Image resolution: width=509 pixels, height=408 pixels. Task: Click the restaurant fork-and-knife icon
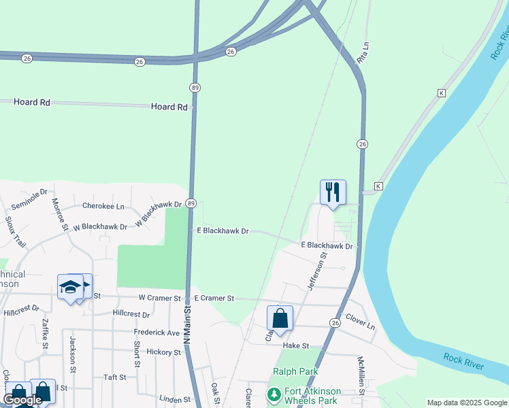click(333, 192)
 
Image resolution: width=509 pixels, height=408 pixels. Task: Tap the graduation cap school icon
click(70, 287)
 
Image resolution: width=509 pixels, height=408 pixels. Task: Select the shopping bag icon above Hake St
click(280, 318)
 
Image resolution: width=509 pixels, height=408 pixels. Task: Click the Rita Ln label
click(363, 53)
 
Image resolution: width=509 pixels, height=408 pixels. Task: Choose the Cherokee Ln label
click(103, 206)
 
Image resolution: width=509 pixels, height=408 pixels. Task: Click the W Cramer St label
click(160, 298)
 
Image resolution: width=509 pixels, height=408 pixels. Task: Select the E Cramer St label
click(214, 299)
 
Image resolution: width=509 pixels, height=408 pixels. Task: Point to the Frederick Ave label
click(157, 333)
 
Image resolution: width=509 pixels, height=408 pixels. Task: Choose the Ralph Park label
click(295, 371)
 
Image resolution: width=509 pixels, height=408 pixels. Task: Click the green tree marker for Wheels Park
click(274, 394)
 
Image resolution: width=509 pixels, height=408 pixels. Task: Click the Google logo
click(22, 400)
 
